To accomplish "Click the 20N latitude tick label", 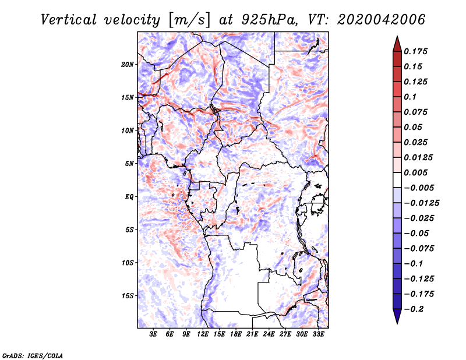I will (128, 64).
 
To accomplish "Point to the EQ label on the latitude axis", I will (129, 197).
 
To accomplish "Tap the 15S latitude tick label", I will (128, 296).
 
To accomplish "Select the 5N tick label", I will (129, 164).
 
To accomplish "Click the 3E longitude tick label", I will (154, 334).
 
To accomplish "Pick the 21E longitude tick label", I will (253, 334).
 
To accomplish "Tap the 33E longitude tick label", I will (319, 334).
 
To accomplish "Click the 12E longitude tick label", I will (203, 334).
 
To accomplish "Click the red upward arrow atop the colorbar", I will (397, 43).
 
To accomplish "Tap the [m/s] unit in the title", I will (187, 20).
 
